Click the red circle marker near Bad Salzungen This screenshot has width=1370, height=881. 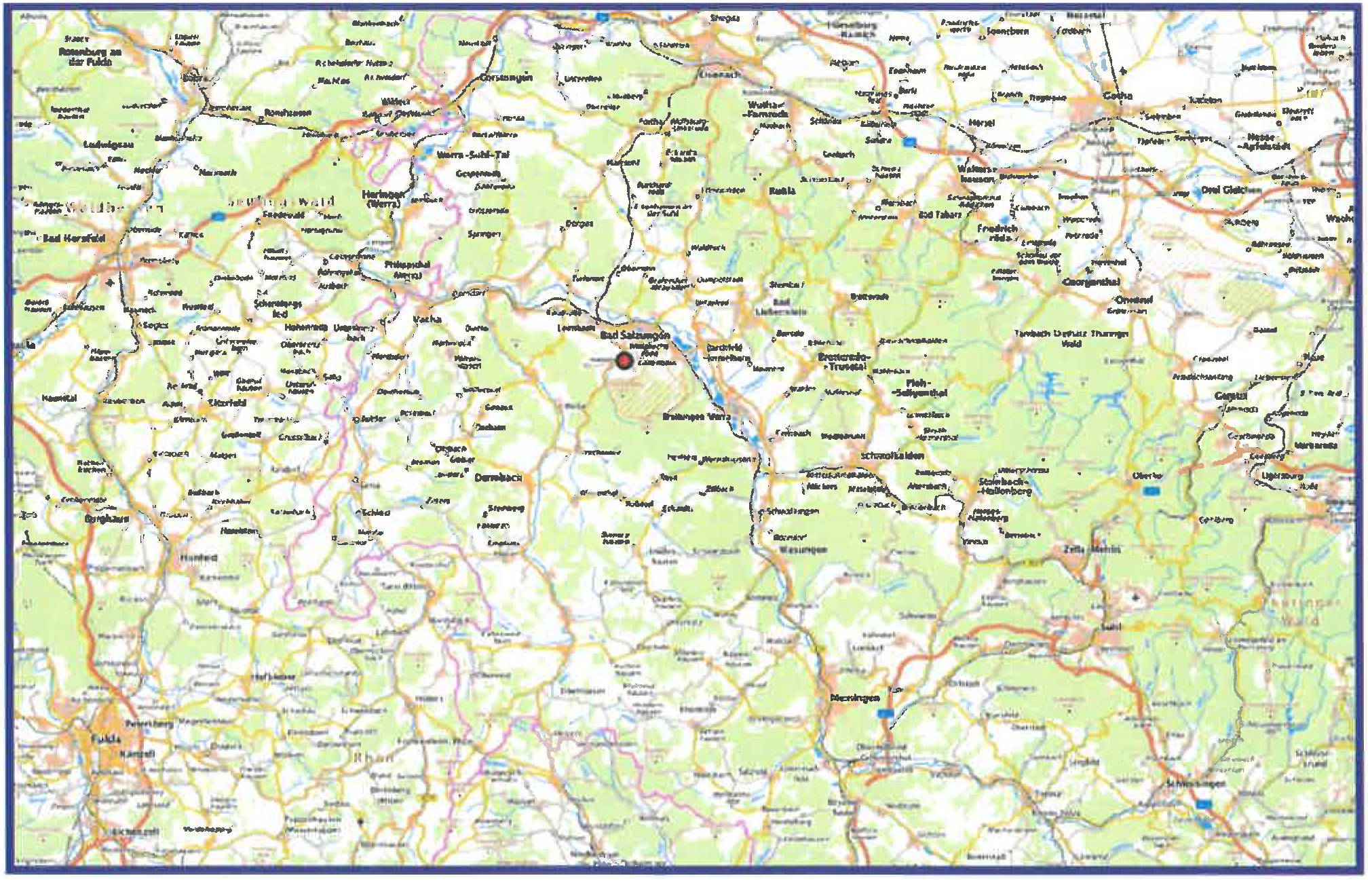coord(624,361)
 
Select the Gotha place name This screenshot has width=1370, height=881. coord(1117,96)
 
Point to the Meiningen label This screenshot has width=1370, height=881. coord(854,698)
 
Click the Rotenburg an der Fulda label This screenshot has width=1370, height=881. coord(90,56)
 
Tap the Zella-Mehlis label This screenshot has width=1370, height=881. coord(1092,548)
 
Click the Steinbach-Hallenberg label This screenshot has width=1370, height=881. coord(1005,486)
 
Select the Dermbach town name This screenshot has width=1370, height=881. coord(498,478)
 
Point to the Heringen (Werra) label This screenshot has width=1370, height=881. coord(383,198)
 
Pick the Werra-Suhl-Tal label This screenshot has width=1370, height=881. coord(472,155)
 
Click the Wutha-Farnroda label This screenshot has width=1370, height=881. coord(767,109)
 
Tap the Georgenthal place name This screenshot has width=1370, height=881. coord(1090,282)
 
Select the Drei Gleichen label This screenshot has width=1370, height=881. coord(1231,190)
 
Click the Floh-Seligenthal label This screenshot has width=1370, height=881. coord(920,388)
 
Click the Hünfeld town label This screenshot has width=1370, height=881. coord(198,557)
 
